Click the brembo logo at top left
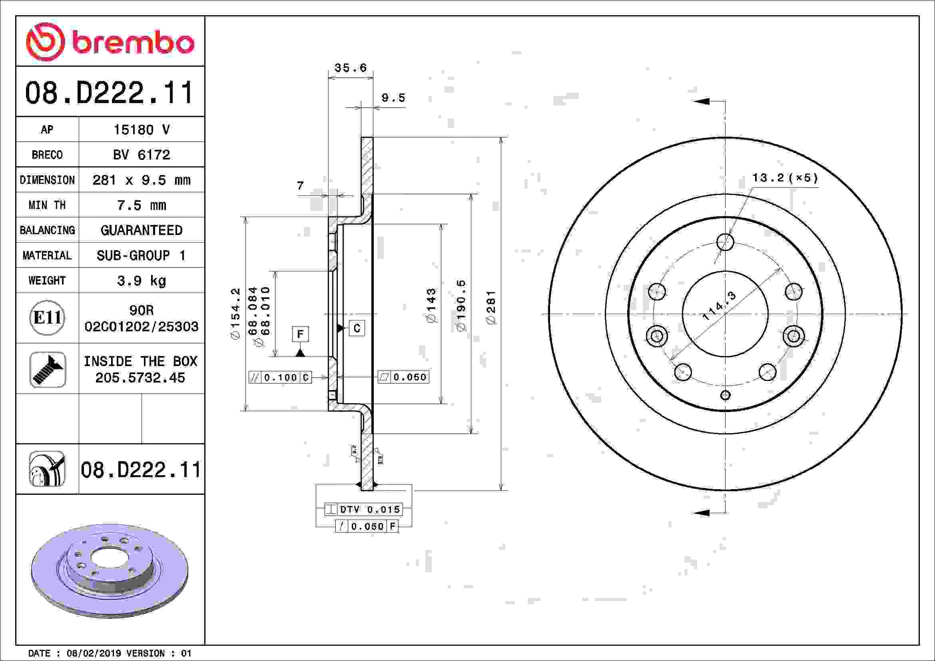coord(110,42)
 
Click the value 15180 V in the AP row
coord(141,130)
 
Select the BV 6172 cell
coord(141,155)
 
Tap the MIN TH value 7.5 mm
coord(141,205)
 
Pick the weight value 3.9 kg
coord(141,281)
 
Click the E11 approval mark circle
coord(47,317)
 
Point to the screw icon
coord(48,369)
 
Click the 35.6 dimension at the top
coord(350,68)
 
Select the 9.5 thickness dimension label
coord(393,98)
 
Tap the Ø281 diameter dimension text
coord(492,307)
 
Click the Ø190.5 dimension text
coord(461,305)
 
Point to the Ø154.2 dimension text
coord(236,314)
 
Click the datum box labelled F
coord(300,334)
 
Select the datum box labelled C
coord(357,328)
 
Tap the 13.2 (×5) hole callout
coord(785,178)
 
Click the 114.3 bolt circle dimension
coord(719,306)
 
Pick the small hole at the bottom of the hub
coord(725,395)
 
